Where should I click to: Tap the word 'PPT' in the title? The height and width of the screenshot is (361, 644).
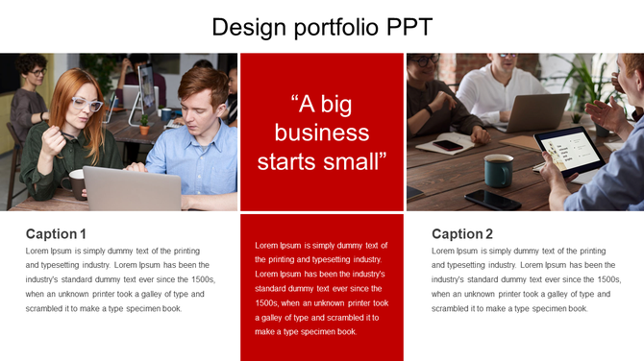pos(409,26)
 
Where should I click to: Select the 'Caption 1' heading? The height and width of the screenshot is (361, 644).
pos(56,233)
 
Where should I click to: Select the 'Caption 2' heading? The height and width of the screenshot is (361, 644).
pos(462,233)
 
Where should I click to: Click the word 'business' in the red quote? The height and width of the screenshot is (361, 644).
pos(322,132)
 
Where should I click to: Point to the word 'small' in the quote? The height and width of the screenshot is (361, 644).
pos(359,159)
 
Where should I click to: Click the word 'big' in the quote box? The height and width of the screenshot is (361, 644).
pos(346,104)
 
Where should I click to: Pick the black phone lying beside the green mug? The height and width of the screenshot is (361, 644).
pos(492,199)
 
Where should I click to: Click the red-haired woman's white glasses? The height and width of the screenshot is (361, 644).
pos(86,104)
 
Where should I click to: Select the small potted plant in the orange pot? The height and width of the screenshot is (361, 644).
pos(144,124)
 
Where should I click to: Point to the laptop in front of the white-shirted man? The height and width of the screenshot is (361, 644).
pos(536,111)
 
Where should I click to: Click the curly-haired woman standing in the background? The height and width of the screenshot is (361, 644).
pos(30,96)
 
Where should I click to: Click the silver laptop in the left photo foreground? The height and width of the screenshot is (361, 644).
pos(131,189)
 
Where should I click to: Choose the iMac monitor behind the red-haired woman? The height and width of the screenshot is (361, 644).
pos(147,91)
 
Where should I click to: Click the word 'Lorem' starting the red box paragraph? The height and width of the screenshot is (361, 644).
pos(268,245)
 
